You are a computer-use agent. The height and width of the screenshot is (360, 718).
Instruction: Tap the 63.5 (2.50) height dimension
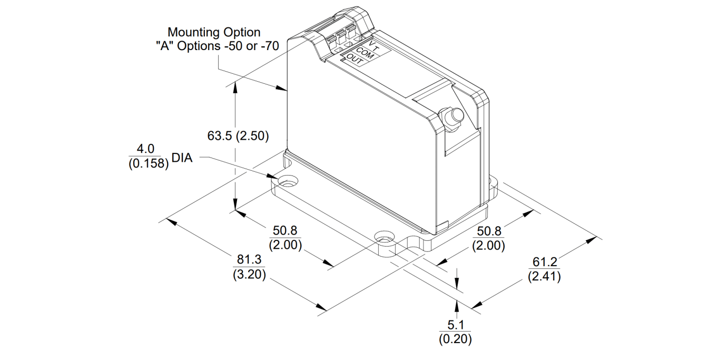238,136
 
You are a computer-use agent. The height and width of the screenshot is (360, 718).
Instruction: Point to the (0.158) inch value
148,164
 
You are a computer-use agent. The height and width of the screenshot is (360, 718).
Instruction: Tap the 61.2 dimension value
544,262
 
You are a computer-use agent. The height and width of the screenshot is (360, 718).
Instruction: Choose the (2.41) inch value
544,276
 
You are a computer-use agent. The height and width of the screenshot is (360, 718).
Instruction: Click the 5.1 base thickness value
456,325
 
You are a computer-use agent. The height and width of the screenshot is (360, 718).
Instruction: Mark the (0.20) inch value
456,338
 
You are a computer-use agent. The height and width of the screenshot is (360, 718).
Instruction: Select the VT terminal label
373,44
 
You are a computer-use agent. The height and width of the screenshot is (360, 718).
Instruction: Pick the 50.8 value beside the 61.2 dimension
488,231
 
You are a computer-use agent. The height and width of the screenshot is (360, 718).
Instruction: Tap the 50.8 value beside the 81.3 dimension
285,231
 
